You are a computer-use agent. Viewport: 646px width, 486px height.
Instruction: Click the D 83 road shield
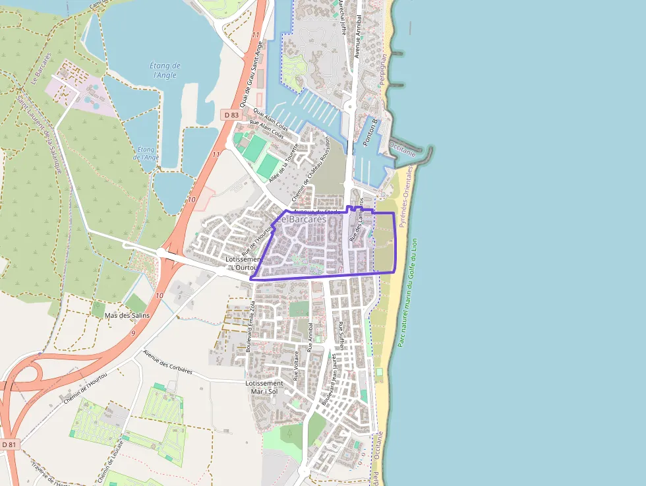coord(231,115)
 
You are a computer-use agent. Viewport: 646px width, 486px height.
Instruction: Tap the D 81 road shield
coord(9,444)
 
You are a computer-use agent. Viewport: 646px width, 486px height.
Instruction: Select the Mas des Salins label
coord(127,315)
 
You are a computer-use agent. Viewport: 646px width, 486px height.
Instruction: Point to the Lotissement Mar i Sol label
coord(264,387)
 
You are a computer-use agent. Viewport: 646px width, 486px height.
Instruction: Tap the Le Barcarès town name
coord(301,218)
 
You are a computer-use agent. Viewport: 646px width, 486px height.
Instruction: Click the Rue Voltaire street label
coord(297,367)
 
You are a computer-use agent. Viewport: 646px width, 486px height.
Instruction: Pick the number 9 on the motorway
coord(133,334)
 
